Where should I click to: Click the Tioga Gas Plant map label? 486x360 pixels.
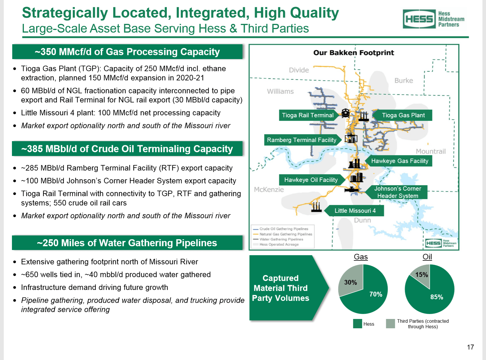click(x=403, y=115)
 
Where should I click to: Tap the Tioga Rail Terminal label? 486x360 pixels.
click(x=307, y=115)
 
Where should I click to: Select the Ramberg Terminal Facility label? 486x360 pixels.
click(x=301, y=140)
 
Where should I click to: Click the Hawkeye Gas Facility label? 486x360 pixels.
click(x=400, y=161)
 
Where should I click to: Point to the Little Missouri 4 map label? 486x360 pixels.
click(x=355, y=211)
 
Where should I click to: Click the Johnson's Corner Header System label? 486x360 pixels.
click(x=397, y=192)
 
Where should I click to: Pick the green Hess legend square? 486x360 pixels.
click(x=357, y=324)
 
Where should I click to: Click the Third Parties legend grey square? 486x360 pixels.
click(x=390, y=324)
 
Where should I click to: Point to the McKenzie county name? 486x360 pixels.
click(x=268, y=190)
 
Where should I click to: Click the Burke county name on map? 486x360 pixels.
click(x=404, y=81)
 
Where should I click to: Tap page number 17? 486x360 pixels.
click(x=470, y=347)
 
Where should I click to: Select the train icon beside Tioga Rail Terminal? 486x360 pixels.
click(x=345, y=113)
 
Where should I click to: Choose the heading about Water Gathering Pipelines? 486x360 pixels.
click(x=127, y=243)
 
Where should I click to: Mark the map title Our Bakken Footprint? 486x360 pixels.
click(x=354, y=53)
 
